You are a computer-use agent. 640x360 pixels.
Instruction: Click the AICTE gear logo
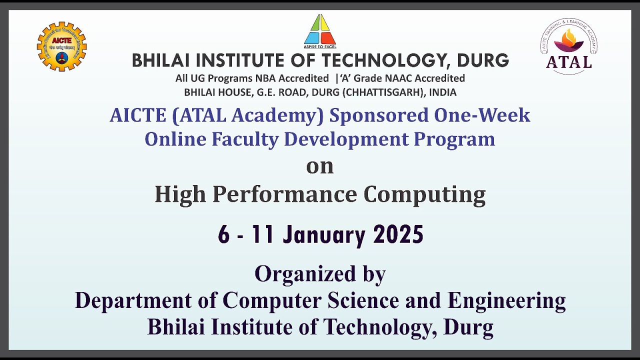62,46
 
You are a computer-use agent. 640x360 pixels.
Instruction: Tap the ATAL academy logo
569,47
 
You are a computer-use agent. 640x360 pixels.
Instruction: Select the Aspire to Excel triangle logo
320,30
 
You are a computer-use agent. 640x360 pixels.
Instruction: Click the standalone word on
320,166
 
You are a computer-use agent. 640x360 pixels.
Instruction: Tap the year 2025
398,234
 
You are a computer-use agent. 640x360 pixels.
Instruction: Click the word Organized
299,274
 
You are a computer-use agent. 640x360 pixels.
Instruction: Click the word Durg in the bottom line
468,327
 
